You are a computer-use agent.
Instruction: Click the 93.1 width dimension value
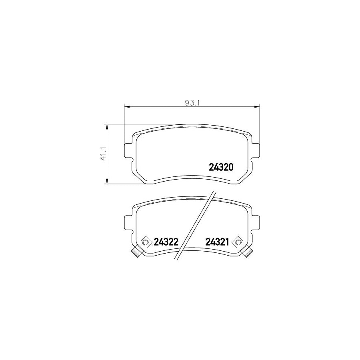coord(192,102)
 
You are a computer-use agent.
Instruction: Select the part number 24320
coord(221,167)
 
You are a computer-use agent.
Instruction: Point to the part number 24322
coord(166,242)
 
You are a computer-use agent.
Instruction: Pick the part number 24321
coord(217,242)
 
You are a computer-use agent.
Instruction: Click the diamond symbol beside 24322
coord(146,242)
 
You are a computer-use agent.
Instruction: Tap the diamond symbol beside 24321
coord(238,242)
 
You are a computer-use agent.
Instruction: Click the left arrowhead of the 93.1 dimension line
coord(127,106)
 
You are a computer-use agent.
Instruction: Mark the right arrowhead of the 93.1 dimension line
coord(257,106)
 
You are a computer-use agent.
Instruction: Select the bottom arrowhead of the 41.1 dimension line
coord(107,182)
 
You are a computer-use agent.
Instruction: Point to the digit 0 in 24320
coord(231,167)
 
